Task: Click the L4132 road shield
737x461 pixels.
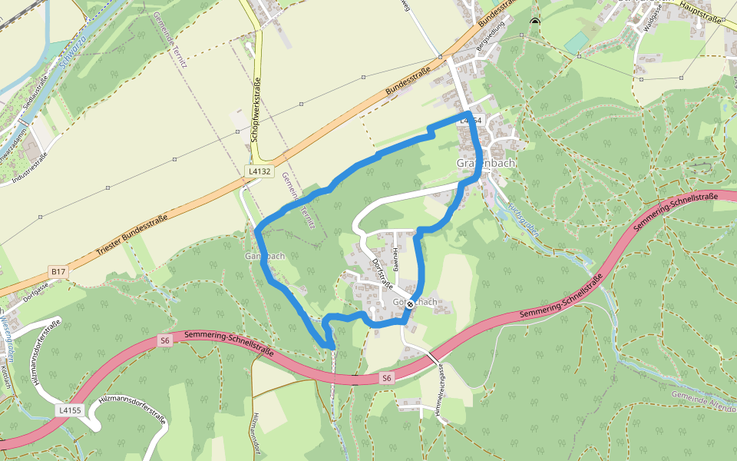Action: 260,171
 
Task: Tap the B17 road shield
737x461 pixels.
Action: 58,271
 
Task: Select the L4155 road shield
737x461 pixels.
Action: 69,410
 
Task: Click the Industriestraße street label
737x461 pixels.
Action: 30,168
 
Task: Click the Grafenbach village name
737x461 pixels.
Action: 486,164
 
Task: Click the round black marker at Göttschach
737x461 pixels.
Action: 411,304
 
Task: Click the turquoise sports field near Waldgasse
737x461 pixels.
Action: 577,42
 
